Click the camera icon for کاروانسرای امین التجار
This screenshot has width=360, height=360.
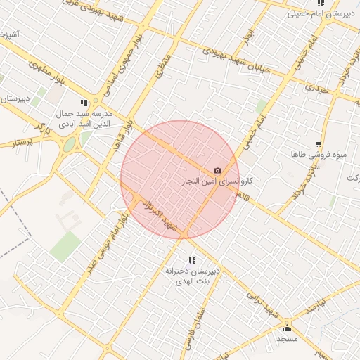pos(217,171)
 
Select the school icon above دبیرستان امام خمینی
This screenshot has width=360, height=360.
pos(321,3)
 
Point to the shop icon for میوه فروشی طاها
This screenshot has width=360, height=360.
pos(319,143)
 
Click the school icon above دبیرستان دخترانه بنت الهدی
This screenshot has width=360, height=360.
pos(193,260)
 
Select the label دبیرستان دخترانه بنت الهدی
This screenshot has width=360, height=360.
pos(193,275)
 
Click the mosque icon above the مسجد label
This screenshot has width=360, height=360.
pos(287,328)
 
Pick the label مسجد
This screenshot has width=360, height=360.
pos(287,339)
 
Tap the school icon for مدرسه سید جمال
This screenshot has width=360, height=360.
pos(85,103)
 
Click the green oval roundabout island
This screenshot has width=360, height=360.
pos(70,145)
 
